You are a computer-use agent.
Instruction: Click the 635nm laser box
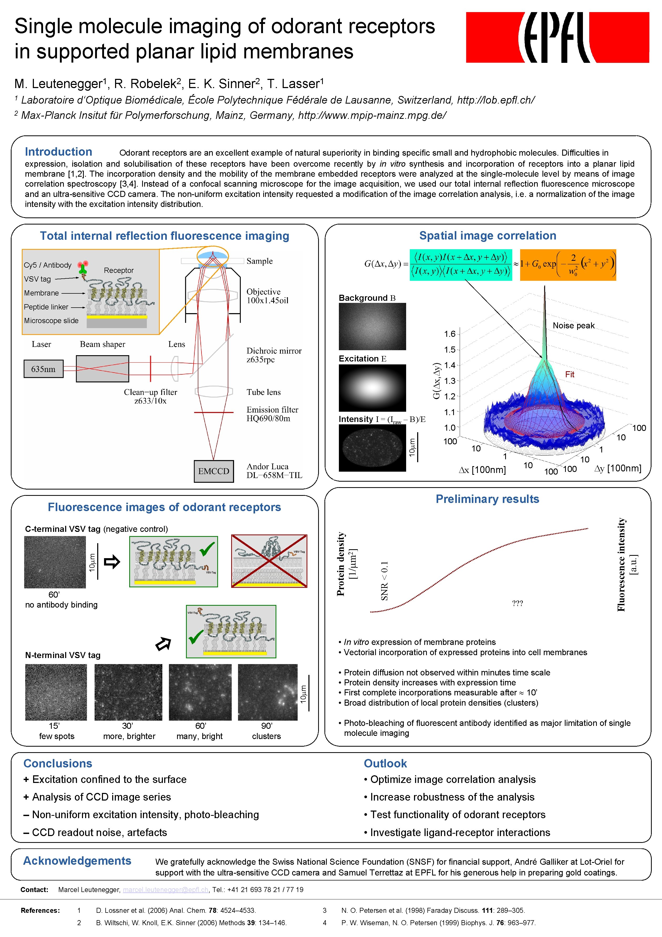(43, 369)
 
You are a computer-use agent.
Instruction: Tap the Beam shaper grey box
(102, 369)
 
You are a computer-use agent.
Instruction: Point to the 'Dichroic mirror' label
(274, 351)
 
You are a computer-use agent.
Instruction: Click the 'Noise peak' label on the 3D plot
(573, 326)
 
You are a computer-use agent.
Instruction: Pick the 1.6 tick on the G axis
(450, 334)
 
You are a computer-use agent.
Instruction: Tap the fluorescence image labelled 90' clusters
(268, 692)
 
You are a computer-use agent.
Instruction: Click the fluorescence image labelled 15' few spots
(56, 692)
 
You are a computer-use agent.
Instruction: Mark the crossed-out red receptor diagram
(269, 561)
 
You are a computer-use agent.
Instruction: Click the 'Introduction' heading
(58, 152)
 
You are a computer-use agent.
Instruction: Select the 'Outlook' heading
(385, 763)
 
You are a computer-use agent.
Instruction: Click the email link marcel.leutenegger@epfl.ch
(165, 890)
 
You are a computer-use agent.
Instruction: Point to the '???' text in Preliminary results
(517, 603)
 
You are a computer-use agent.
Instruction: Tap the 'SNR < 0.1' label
(384, 581)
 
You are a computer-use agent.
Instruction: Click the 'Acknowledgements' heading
(77, 861)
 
